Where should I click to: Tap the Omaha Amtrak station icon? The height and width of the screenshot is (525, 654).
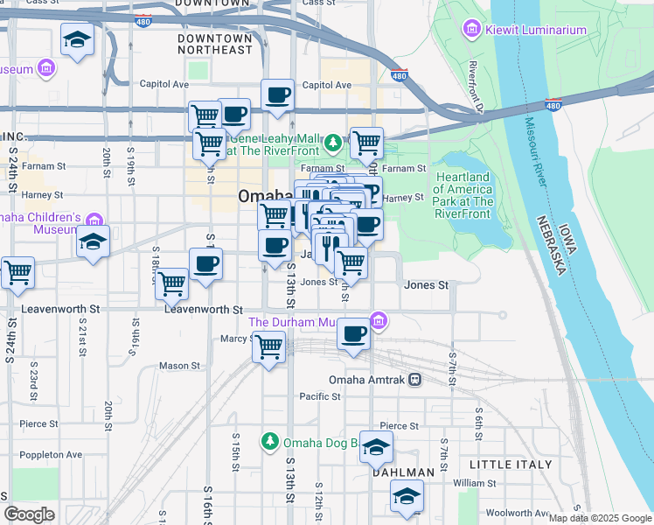click(x=414, y=380)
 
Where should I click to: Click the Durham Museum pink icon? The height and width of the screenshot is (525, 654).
click(x=378, y=322)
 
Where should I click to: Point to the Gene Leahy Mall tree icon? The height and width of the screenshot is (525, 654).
click(x=332, y=143)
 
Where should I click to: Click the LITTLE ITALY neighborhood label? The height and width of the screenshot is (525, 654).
click(x=511, y=464)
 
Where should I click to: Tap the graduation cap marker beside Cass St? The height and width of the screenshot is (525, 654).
click(x=78, y=39)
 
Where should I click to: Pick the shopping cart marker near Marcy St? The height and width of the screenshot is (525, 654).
click(x=269, y=346)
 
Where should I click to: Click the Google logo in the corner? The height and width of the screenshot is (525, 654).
click(x=29, y=514)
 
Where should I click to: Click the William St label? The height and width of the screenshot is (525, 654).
click(x=475, y=482)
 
